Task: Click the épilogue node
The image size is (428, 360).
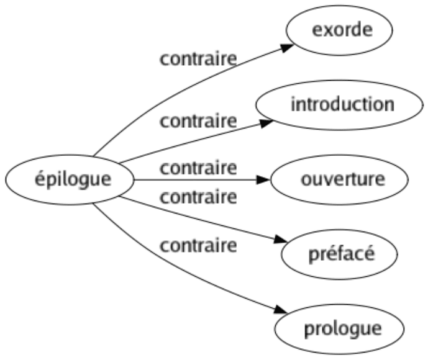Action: tap(70, 180)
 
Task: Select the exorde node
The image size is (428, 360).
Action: tap(339, 30)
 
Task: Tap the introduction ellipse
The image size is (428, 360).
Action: tap(339, 105)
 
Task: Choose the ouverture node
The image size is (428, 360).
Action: tap(339, 180)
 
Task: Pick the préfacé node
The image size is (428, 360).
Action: tap(339, 254)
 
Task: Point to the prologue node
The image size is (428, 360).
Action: tap(339, 329)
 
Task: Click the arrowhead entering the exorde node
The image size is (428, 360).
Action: tap(288, 48)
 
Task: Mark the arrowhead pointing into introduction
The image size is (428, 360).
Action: tap(266, 124)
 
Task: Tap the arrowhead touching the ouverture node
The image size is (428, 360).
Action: tap(263, 180)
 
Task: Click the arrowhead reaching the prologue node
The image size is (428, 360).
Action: tap(281, 310)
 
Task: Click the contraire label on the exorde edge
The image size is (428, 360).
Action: tap(198, 59)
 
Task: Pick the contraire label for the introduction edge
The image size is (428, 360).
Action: tap(198, 122)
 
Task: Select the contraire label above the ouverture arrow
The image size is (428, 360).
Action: tap(198, 168)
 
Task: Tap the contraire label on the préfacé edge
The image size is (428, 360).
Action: tap(198, 197)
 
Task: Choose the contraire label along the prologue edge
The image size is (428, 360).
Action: tap(198, 246)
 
